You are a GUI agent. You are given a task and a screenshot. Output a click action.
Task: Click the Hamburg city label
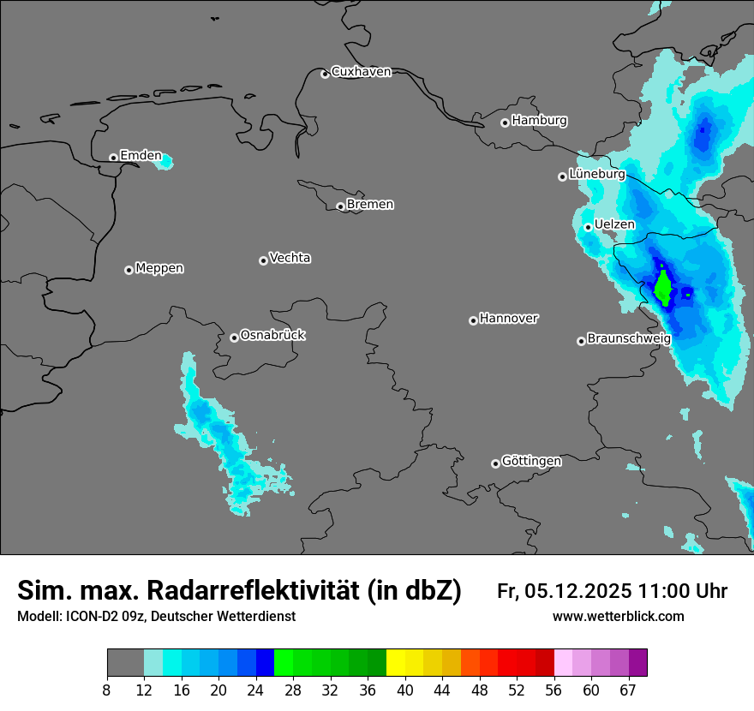[539, 121]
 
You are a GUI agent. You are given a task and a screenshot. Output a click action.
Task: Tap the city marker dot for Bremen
[340, 206]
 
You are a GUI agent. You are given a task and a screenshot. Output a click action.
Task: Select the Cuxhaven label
[361, 72]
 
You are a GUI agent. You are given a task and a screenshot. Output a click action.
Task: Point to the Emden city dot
[113, 158]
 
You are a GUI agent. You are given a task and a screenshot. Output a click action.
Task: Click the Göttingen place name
[531, 461]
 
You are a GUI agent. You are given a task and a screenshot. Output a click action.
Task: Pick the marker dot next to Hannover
[473, 320]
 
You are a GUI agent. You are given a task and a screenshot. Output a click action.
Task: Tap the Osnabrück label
[272, 335]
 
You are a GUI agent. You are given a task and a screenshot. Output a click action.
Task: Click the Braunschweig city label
[629, 339]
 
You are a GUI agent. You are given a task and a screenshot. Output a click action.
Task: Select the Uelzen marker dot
[589, 227]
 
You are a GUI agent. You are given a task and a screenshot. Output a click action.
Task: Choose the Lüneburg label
[596, 174]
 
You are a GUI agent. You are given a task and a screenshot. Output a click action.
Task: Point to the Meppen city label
[159, 268]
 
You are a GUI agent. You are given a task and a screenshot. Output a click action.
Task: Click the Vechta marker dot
[263, 260]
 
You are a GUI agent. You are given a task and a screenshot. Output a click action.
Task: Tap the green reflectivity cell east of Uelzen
[663, 288]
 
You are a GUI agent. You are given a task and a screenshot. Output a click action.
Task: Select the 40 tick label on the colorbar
[404, 690]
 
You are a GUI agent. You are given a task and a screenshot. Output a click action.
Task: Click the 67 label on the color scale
[627, 690]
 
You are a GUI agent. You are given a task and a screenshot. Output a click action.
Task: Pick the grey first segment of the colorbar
[125, 663]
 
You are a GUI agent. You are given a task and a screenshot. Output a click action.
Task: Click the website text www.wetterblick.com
[618, 617]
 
